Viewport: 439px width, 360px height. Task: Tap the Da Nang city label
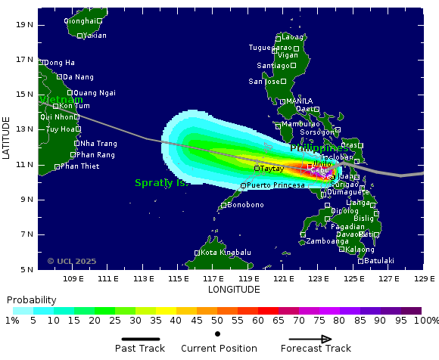[79, 77]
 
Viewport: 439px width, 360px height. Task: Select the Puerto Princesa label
[276, 185]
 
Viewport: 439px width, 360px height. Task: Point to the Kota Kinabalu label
[226, 253]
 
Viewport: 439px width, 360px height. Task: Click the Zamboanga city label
[327, 241]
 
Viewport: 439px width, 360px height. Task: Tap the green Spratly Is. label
[161, 183]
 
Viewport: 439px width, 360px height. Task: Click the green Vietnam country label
[61, 100]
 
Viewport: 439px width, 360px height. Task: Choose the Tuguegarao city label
[270, 47]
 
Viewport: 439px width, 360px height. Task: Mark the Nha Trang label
[98, 144]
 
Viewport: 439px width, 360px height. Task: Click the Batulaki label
[379, 261]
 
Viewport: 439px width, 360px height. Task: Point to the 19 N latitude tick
[25, 24]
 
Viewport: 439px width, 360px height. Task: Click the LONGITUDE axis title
[234, 290]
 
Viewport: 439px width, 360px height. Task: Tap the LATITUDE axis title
[7, 138]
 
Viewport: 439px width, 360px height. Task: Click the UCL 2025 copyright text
[72, 261]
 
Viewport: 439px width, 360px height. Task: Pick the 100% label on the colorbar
[425, 321]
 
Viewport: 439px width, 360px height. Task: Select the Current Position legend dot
[218, 334]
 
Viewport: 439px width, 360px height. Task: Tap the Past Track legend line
[145, 340]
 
